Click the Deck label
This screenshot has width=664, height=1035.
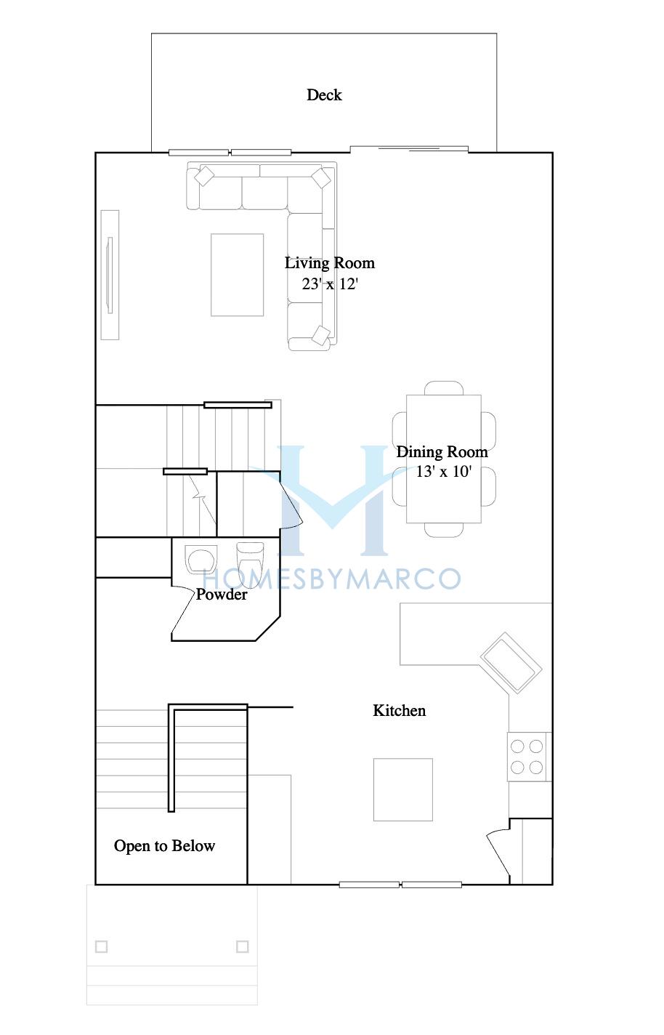pyautogui.click(x=324, y=94)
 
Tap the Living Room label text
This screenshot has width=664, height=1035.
pyautogui.click(x=329, y=263)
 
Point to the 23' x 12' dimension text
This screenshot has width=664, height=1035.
pyautogui.click(x=330, y=283)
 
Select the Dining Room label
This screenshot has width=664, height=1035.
pyautogui.click(x=442, y=451)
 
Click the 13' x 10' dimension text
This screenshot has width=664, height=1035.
pyautogui.click(x=443, y=471)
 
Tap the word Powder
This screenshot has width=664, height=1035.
pyautogui.click(x=221, y=595)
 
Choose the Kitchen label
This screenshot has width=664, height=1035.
pyautogui.click(x=399, y=711)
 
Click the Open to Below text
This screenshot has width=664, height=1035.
pyautogui.click(x=164, y=846)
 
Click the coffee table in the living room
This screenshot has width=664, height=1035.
pyautogui.click(x=238, y=275)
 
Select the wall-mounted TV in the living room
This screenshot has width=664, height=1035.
pyautogui.click(x=110, y=275)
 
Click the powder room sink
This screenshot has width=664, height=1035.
pyautogui.click(x=201, y=560)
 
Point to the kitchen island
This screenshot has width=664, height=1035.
pyautogui.click(x=403, y=789)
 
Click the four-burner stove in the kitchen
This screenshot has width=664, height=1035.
pyautogui.click(x=527, y=757)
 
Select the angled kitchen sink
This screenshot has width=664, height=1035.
pyautogui.click(x=511, y=663)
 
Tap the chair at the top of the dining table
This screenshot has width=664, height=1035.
pyautogui.click(x=444, y=388)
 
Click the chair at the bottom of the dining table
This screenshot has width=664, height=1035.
pyautogui.click(x=444, y=530)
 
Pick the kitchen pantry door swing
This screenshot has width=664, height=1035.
pyautogui.click(x=498, y=853)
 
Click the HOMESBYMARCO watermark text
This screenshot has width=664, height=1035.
pyautogui.click(x=332, y=579)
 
